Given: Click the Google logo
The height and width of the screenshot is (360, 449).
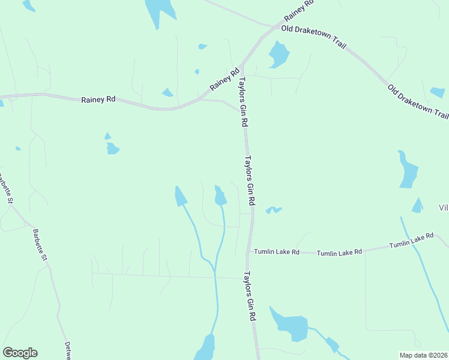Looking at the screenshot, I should (x=20, y=353).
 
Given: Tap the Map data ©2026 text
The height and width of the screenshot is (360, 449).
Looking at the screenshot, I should (x=424, y=355).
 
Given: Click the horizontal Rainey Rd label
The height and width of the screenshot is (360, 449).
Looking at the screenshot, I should (x=98, y=100).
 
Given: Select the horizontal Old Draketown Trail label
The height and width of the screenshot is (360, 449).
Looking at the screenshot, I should (x=313, y=28).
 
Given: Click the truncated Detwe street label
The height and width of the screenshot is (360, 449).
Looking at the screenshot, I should (x=68, y=351).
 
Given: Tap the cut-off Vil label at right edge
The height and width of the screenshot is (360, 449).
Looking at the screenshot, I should (x=444, y=208).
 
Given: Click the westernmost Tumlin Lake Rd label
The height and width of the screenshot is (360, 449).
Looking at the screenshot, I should (x=276, y=252).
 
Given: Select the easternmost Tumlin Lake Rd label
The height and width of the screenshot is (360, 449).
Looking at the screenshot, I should (x=411, y=241).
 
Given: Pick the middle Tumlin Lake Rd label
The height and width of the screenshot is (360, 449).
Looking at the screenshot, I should (x=339, y=253).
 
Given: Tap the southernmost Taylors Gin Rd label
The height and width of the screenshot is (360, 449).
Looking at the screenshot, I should (x=250, y=297).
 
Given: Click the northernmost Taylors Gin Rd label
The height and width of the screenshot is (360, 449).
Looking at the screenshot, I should (x=244, y=102).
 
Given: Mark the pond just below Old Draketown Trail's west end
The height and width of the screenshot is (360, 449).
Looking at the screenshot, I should (x=279, y=54).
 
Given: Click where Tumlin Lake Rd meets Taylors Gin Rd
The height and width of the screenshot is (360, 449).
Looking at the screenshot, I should (x=249, y=252).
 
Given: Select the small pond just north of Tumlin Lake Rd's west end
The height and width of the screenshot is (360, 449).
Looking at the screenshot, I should (x=274, y=209).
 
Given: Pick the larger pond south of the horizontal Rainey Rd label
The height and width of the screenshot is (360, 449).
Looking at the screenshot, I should (x=113, y=148).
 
